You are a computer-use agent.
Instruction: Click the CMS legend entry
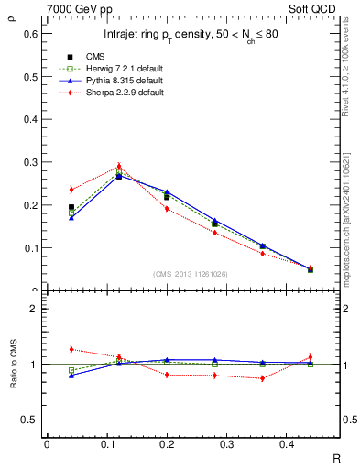[96, 56]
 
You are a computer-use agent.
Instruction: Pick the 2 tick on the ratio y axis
[35, 310]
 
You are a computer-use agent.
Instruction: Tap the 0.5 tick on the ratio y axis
[30, 420]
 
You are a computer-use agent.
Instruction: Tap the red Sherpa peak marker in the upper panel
[119, 167]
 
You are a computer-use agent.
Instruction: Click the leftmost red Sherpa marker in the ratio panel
[71, 349]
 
